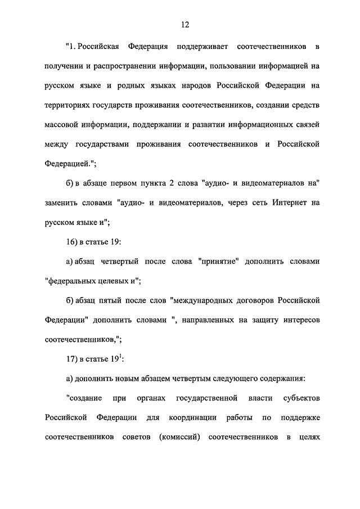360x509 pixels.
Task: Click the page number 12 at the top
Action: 185,24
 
